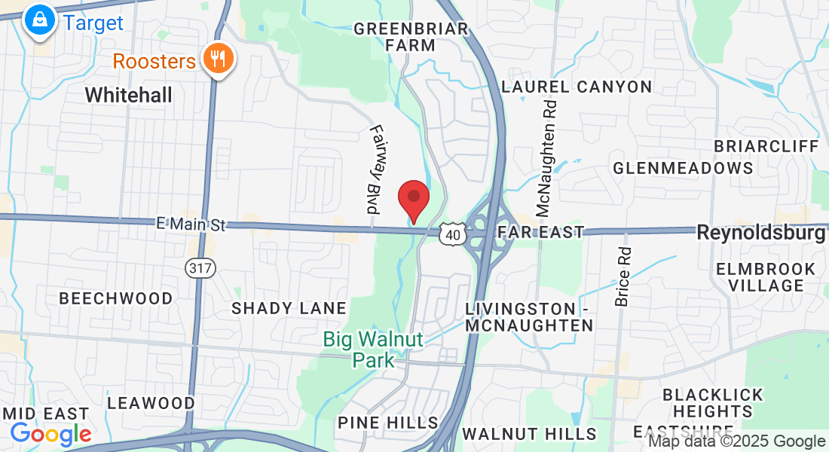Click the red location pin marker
(x=413, y=199)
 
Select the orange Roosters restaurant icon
(x=219, y=60)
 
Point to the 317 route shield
(x=200, y=267)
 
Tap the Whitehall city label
(x=128, y=96)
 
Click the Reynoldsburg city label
(x=761, y=233)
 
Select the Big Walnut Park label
(x=374, y=350)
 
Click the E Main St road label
(x=191, y=224)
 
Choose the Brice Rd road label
(x=622, y=276)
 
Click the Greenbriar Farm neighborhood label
(x=411, y=37)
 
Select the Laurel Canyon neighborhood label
(x=577, y=87)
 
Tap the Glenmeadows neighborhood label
(x=683, y=168)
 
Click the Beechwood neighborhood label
(x=116, y=298)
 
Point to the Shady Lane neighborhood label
(x=289, y=308)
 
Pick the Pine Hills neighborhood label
(x=388, y=423)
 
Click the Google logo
(x=50, y=434)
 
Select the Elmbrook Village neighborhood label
(x=766, y=277)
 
